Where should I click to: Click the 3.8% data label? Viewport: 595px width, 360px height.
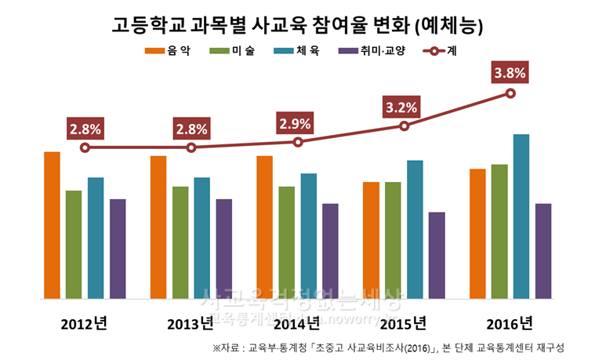pos(510,74)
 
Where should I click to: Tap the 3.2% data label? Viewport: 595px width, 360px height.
pos(404,106)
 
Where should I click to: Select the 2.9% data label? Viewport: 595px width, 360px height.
pos(297,123)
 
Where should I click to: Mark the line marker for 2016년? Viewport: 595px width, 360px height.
pos(510,93)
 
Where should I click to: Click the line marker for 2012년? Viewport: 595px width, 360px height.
pos(85,147)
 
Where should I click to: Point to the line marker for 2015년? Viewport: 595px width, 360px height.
pos(404,125)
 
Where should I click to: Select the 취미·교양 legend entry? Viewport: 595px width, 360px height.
pos(369,51)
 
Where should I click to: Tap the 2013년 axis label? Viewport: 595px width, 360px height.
pos(190,322)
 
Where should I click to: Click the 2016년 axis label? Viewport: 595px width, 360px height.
pos(510,322)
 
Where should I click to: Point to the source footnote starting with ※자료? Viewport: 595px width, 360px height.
pos(388,347)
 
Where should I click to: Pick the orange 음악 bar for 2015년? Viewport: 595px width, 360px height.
pos(372,240)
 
